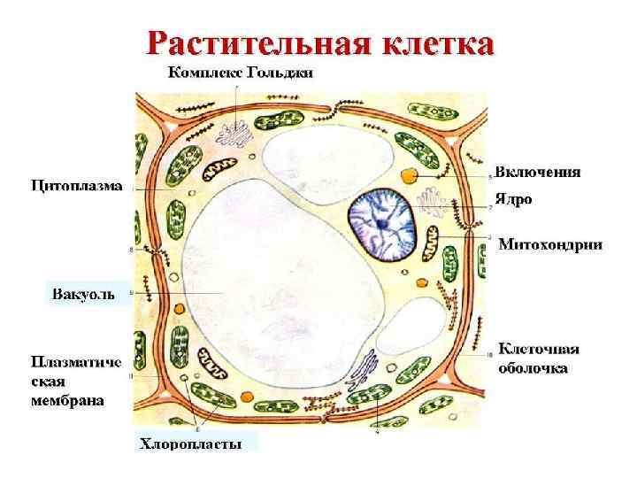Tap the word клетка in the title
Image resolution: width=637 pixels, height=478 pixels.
point(439,42)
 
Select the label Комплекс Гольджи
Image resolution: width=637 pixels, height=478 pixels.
point(240,73)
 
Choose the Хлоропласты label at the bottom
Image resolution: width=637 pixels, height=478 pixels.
point(190,443)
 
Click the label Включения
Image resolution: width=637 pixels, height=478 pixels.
point(538,172)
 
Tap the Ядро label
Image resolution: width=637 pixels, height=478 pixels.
point(514,199)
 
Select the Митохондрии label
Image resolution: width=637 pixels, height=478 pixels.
point(550,243)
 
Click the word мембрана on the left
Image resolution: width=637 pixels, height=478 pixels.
point(68,400)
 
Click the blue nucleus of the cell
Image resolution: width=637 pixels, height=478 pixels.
point(381,225)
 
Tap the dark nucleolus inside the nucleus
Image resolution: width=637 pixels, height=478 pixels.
point(381,227)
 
